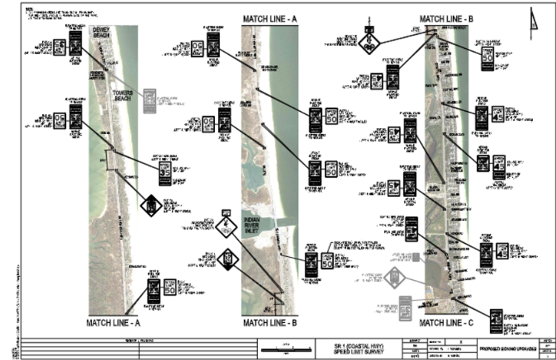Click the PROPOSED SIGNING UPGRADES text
(x=507, y=347)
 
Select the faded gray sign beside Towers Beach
(x=150, y=101)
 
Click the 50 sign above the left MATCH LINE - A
(x=170, y=286)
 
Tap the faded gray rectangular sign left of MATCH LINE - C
(x=406, y=305)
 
